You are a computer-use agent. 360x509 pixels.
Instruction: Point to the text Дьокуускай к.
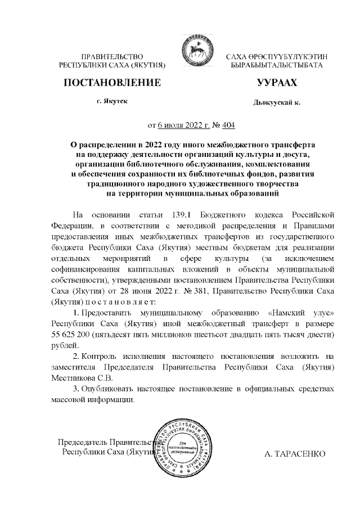(277, 103)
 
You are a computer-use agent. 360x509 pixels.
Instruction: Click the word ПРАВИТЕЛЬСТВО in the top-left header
(113, 57)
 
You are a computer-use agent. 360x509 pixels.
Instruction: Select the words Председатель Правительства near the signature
(107, 442)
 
